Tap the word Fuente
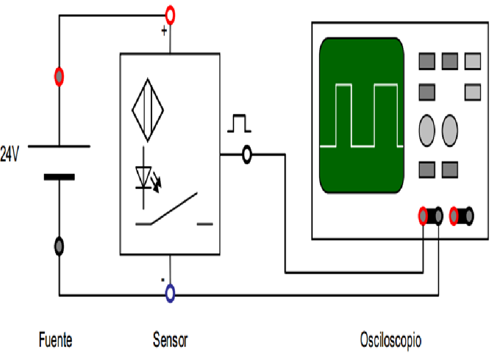(55, 340)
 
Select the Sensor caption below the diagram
(170, 340)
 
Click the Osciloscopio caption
(391, 340)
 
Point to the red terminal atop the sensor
(170, 16)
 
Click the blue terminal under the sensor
(170, 293)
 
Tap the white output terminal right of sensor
(247, 155)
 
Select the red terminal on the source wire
(59, 77)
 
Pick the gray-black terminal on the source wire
(59, 247)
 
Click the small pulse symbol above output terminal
(239, 123)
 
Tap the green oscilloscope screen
(361, 116)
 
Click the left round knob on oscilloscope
(427, 129)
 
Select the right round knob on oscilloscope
(450, 129)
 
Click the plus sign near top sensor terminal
(164, 31)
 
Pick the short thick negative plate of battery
(59, 176)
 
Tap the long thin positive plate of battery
(59, 146)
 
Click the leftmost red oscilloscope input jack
(424, 216)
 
